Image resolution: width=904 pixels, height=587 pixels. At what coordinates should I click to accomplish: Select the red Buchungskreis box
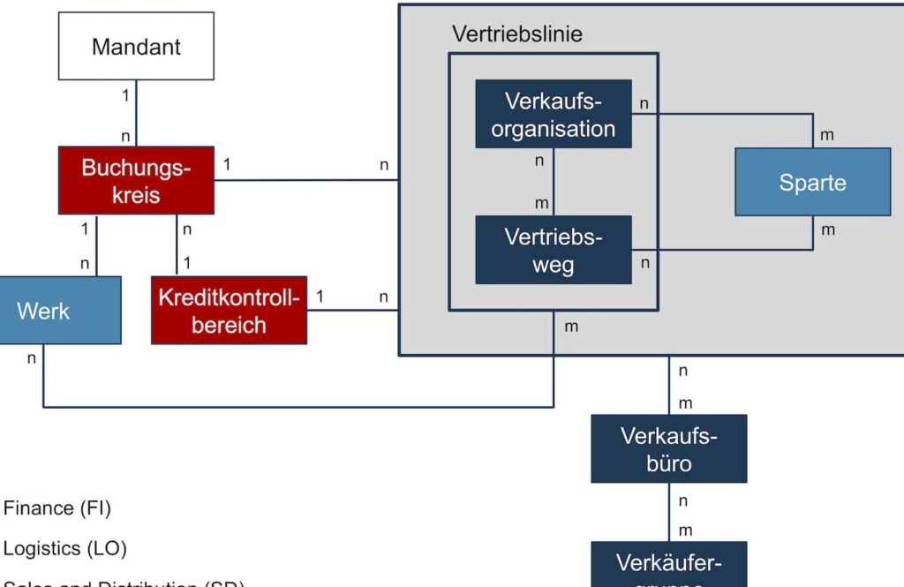click(x=136, y=180)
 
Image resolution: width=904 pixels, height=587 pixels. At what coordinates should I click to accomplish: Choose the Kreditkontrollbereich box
click(x=229, y=310)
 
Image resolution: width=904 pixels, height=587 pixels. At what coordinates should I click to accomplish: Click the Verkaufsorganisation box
click(x=554, y=113)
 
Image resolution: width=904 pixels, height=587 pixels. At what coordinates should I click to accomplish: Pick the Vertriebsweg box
click(x=554, y=250)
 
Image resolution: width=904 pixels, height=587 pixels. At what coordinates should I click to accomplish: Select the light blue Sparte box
click(x=812, y=182)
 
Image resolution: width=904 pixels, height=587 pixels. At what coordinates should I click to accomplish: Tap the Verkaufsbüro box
click(x=668, y=448)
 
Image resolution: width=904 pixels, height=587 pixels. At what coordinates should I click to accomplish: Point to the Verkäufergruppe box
click(x=668, y=565)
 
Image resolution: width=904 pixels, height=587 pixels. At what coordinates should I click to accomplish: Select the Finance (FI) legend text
click(x=57, y=508)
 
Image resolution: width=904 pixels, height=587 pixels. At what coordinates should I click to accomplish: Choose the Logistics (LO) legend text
click(x=65, y=548)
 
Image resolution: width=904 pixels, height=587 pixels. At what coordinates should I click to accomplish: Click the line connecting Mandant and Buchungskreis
click(x=136, y=113)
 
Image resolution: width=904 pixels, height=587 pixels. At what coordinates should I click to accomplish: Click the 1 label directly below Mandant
click(x=126, y=93)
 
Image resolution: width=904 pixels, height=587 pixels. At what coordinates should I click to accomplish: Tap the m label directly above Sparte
click(x=827, y=135)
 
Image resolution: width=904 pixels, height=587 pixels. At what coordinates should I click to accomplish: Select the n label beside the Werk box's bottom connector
click(x=32, y=357)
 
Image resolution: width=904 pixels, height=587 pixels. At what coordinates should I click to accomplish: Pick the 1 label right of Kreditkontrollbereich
click(x=320, y=297)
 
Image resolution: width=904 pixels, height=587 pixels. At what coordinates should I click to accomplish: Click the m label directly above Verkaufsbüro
click(x=684, y=403)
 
